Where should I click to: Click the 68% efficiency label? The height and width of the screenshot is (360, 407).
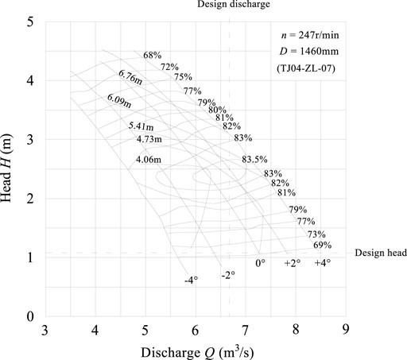point(153,56)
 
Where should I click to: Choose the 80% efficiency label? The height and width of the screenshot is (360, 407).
point(216,110)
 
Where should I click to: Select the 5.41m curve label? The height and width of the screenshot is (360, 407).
point(140,126)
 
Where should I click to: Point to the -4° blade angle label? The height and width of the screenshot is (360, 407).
point(191,280)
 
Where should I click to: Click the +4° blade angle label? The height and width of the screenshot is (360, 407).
point(323,263)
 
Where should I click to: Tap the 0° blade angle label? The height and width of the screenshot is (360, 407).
point(259,263)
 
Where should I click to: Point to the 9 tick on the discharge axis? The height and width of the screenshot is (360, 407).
point(345,329)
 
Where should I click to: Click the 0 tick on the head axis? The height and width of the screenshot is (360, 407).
point(30,316)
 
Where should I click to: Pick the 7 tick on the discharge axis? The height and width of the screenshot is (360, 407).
point(246,329)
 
